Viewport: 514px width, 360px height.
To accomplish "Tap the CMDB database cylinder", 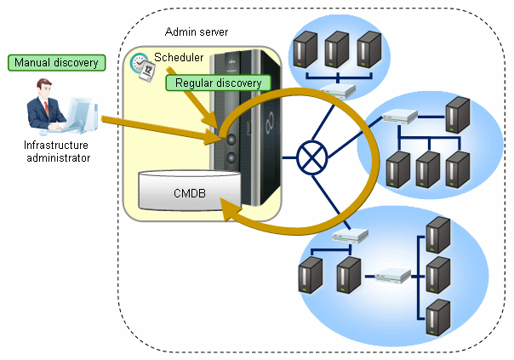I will pyautogui.click(x=186, y=191).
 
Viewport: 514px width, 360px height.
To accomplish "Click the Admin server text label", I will pyautogui.click(x=197, y=31).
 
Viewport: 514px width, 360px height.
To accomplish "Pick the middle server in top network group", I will pyautogui.click(x=337, y=50).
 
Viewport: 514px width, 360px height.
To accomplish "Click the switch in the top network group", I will pyautogui.click(x=340, y=91).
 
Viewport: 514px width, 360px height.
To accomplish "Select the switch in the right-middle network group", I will pyautogui.click(x=400, y=116).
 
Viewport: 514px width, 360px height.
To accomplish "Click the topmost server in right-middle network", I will pyautogui.click(x=459, y=113).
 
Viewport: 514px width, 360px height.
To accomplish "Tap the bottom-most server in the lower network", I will pyautogui.click(x=438, y=317).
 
